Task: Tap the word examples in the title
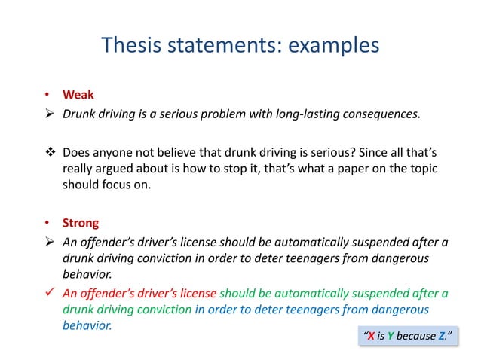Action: pyautogui.click(x=332, y=47)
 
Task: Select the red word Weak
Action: pyautogui.click(x=78, y=96)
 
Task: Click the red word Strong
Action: pyautogui.click(x=81, y=224)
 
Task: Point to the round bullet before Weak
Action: pyautogui.click(x=45, y=96)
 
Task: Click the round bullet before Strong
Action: pyautogui.click(x=45, y=224)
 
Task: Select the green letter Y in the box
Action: pyautogui.click(x=395, y=336)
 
